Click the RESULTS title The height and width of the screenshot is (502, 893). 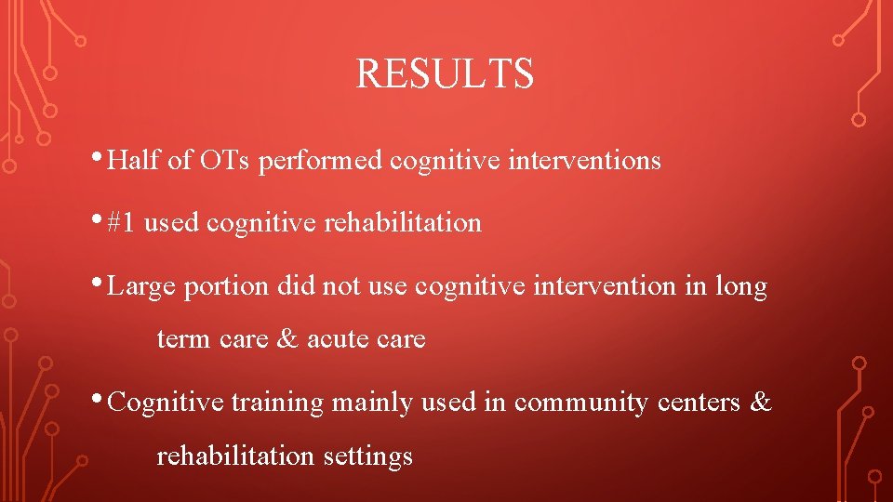point(445,74)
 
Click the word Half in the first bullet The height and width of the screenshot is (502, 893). point(134,161)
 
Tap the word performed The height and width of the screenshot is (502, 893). point(320,162)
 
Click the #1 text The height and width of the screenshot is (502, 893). point(122,223)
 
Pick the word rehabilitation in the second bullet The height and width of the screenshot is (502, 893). point(402,223)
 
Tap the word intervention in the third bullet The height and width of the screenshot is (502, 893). point(589,287)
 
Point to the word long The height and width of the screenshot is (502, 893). point(740,287)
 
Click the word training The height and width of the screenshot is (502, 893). point(276,403)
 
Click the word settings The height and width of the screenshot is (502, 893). point(367,456)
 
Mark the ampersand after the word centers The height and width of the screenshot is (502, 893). point(761,403)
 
